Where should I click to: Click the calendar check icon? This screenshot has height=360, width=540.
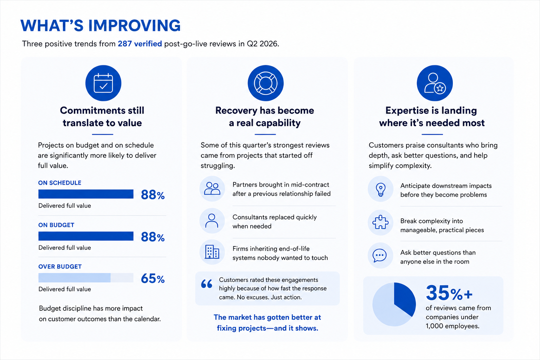pyautogui.click(x=103, y=83)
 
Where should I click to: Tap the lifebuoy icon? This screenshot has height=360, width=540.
pyautogui.click(x=265, y=83)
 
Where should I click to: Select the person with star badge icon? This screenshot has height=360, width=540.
pyautogui.click(x=435, y=83)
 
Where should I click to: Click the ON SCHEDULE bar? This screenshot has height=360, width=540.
pyautogui.click(x=86, y=194)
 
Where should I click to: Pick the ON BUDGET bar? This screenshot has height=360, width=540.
pyautogui.click(x=86, y=236)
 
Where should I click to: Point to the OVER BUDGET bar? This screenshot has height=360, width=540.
pyautogui.click(x=86, y=277)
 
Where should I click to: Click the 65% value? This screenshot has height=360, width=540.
pyautogui.click(x=153, y=278)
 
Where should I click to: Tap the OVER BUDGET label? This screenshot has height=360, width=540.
pyautogui.click(x=60, y=266)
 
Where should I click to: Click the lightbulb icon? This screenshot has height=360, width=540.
pyautogui.click(x=380, y=189)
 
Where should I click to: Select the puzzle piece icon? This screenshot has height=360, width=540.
pyautogui.click(x=380, y=222)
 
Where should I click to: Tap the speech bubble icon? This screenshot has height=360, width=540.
pyautogui.click(x=380, y=255)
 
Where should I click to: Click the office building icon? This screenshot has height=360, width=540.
pyautogui.click(x=212, y=252)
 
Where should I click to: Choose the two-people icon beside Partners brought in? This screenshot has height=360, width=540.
pyautogui.click(x=212, y=188)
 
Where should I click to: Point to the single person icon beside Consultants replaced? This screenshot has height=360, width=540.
pyautogui.click(x=211, y=221)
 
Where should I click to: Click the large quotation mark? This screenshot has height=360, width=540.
pyautogui.click(x=207, y=284)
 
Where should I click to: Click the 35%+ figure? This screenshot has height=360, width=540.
pyautogui.click(x=449, y=293)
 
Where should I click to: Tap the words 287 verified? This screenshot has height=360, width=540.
pyautogui.click(x=140, y=44)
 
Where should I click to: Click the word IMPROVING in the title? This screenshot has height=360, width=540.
pyautogui.click(x=134, y=25)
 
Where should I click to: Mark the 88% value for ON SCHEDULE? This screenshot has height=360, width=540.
pyautogui.click(x=153, y=194)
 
